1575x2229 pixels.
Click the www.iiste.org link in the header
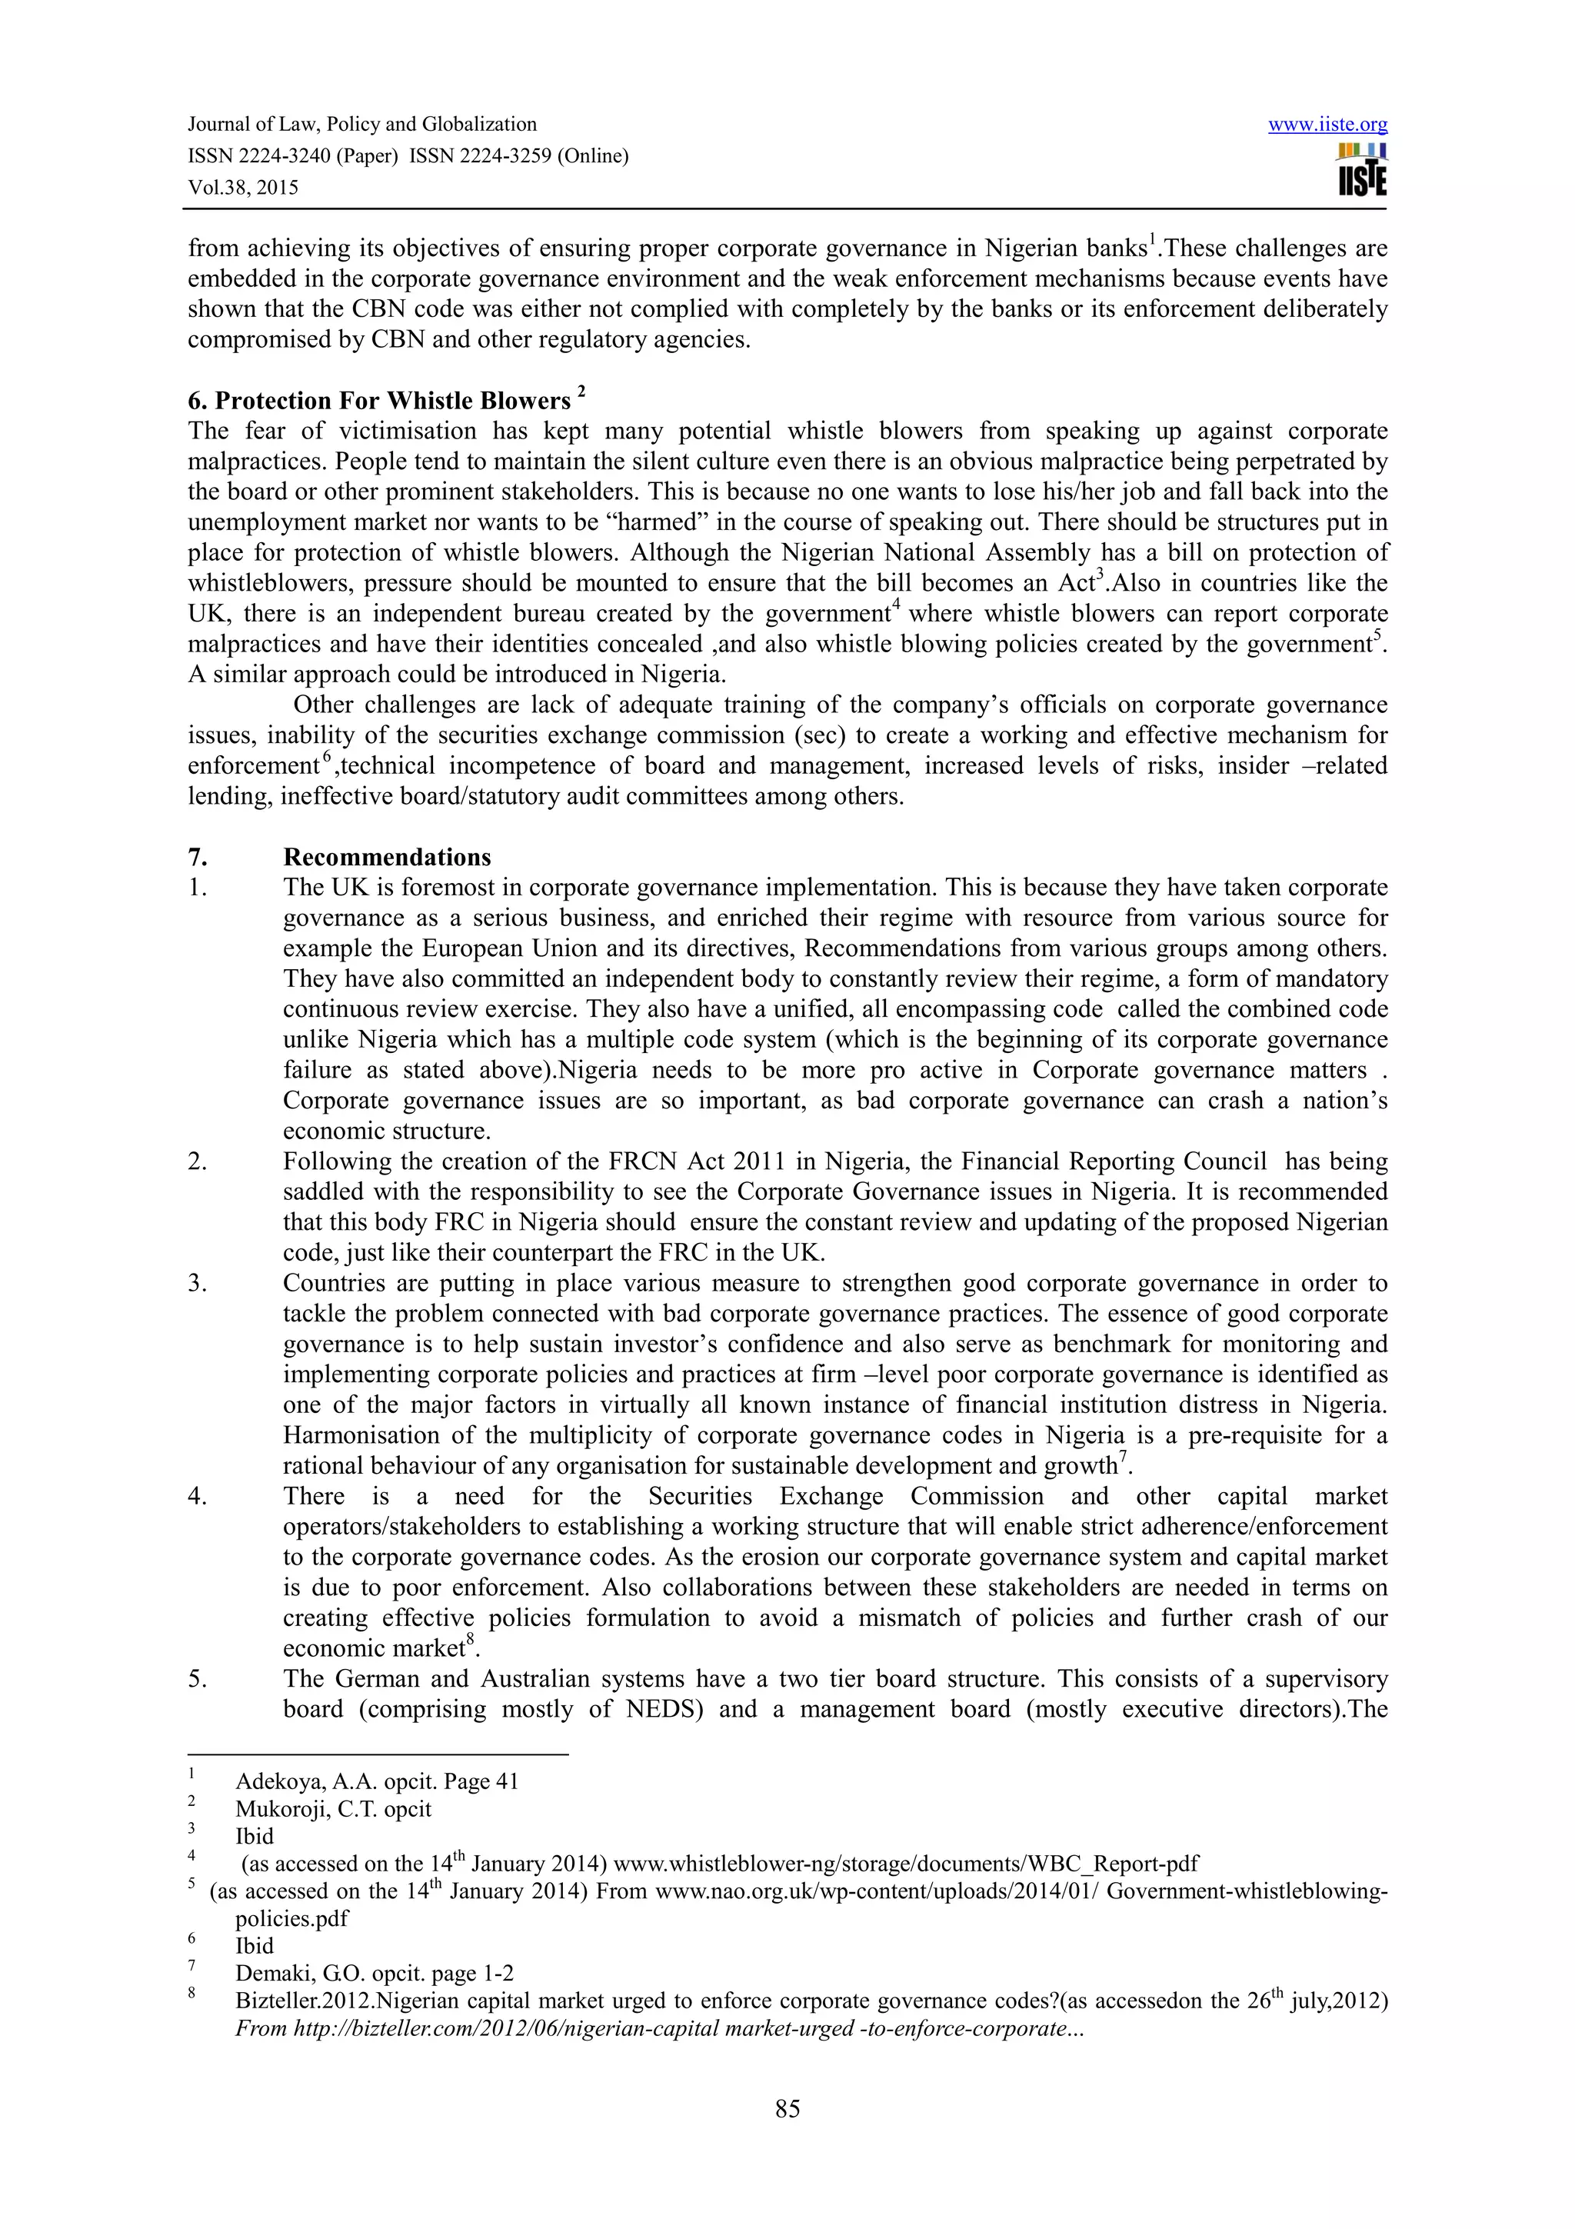tap(1327, 125)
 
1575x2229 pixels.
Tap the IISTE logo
tap(1361, 170)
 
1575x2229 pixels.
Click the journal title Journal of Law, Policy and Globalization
tap(362, 125)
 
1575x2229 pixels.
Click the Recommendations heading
tap(387, 858)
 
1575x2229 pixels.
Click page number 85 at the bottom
tap(787, 2107)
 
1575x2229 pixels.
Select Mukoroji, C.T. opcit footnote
tap(333, 1808)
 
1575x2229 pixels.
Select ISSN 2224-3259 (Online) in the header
tap(518, 156)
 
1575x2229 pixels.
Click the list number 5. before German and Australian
tap(198, 1678)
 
